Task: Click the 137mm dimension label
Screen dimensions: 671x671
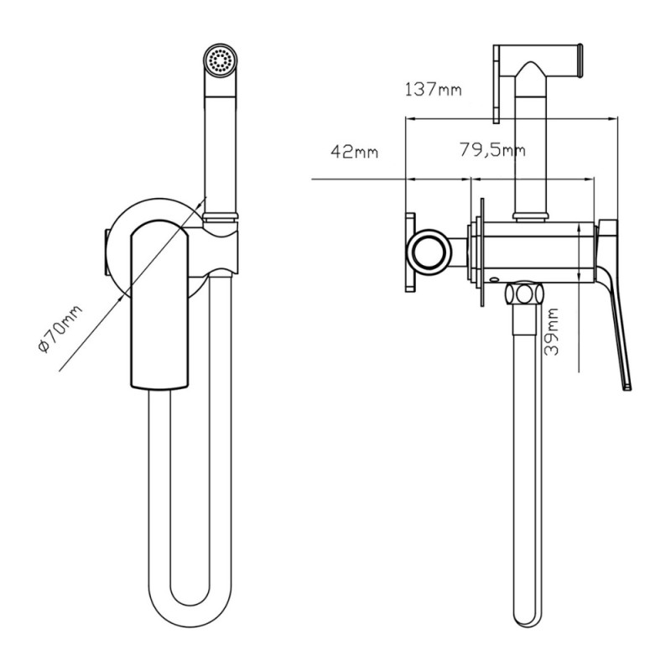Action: tap(433, 90)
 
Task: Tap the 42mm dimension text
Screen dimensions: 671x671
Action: tap(354, 152)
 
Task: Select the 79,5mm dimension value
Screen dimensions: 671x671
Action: tap(492, 150)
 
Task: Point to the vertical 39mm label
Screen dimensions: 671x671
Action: tap(552, 331)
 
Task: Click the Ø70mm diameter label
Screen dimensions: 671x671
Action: tap(60, 329)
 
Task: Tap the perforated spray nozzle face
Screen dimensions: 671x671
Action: tap(220, 60)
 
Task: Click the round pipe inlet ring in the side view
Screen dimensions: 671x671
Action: tap(429, 252)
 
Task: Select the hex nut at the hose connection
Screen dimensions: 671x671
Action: tap(523, 294)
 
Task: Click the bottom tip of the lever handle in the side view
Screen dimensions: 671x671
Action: tap(627, 388)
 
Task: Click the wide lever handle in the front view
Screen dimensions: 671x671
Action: tap(159, 304)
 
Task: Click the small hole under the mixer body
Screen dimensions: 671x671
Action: tap(493, 279)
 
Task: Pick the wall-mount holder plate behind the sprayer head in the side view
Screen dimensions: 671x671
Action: tap(497, 84)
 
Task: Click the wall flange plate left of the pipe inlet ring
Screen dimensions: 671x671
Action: tap(410, 252)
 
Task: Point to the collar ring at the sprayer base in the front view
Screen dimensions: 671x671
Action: tap(220, 216)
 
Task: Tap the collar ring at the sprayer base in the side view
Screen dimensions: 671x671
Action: tap(531, 217)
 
